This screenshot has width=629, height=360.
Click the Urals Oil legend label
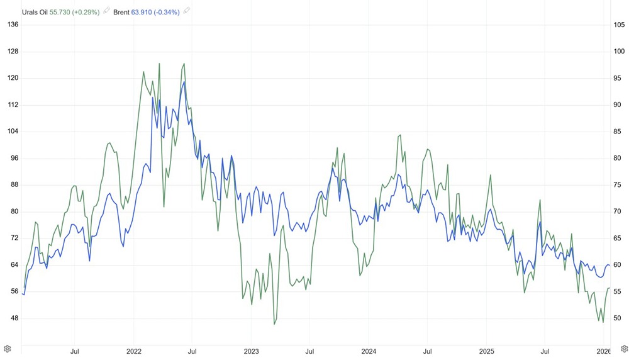tap(35, 11)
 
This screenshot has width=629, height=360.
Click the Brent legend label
tap(121, 11)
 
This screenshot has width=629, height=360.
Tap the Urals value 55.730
tap(62, 11)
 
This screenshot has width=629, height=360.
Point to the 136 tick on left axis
tap(13, 25)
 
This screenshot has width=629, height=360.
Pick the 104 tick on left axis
tap(13, 132)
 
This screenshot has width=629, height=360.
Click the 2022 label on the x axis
tap(134, 350)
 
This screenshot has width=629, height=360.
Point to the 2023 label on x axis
tap(252, 350)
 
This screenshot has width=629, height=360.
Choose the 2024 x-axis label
tap(369, 350)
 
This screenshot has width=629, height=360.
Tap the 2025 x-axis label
tap(487, 350)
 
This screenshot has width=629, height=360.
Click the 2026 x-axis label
tap(603, 350)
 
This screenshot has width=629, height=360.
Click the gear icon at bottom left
tap(7, 349)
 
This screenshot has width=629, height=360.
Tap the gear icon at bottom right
tap(624, 349)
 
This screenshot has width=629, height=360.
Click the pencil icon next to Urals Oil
tap(106, 11)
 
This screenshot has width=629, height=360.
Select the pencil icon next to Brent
tap(187, 11)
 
